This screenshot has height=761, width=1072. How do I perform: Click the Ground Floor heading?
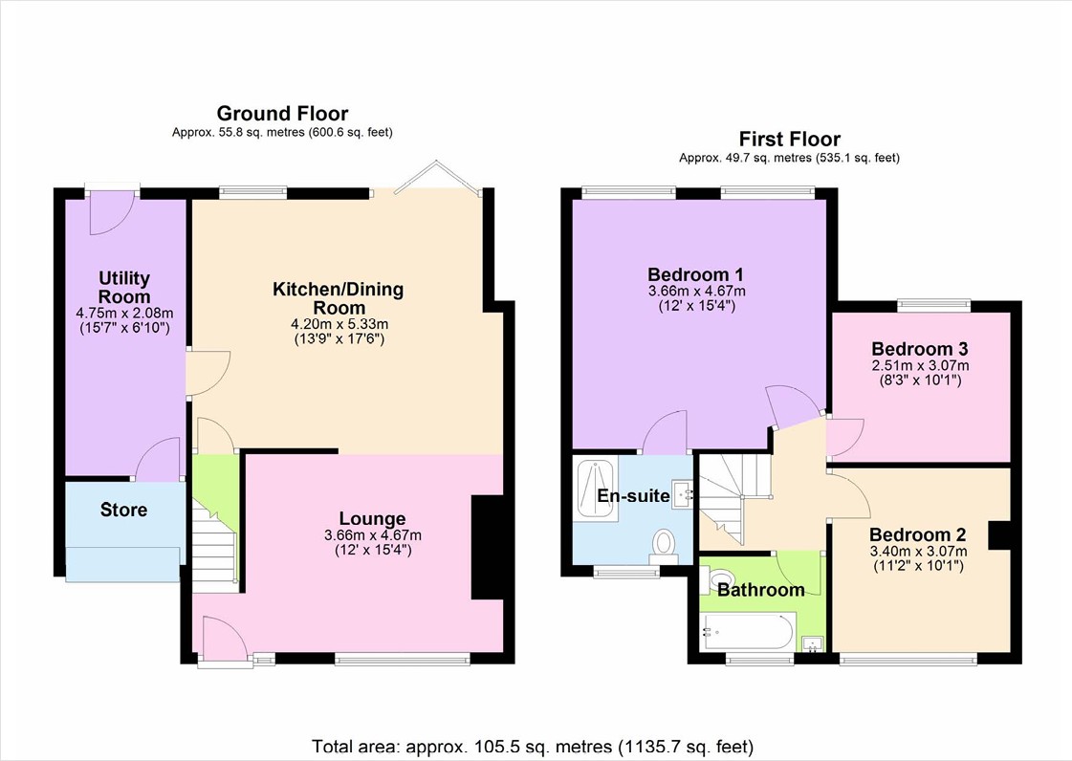click(x=282, y=113)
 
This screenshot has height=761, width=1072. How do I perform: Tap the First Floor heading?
click(x=790, y=139)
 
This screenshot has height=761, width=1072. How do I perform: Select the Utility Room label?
click(x=124, y=287)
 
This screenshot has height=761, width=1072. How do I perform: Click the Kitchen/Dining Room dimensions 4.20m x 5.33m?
click(x=339, y=324)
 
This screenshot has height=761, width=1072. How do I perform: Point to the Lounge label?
click(x=373, y=519)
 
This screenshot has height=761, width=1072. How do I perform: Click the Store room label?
click(x=123, y=510)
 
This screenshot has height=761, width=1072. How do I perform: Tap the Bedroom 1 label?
click(x=695, y=275)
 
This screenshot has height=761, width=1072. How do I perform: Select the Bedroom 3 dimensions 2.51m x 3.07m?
click(x=920, y=366)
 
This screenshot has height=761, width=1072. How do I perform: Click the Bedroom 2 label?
click(x=917, y=534)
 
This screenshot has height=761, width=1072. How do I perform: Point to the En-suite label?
click(x=633, y=496)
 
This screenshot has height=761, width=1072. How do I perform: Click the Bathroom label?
click(x=760, y=589)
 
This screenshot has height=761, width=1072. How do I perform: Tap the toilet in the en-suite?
click(x=663, y=547)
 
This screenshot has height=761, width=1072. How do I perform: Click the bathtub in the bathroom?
click(x=747, y=632)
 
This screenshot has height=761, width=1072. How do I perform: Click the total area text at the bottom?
click(x=533, y=746)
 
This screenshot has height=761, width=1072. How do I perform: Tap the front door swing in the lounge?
click(x=225, y=640)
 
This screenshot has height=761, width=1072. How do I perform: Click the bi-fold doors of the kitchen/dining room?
click(x=438, y=177)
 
